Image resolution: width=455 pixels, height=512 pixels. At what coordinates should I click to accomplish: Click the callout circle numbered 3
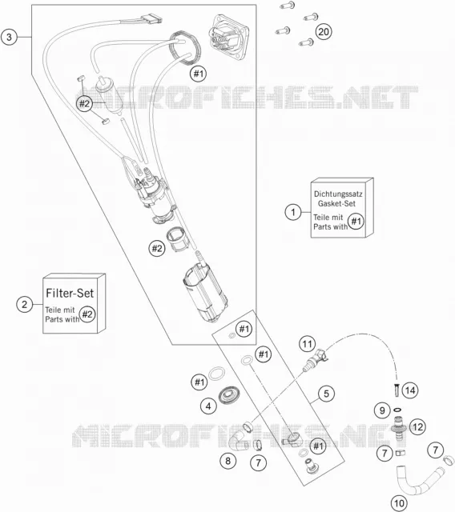point(9,37)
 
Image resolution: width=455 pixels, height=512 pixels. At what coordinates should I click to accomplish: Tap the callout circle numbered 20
point(324,32)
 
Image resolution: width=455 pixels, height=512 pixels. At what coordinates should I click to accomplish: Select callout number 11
point(308,344)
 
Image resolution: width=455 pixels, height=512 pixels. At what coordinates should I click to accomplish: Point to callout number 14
point(410,390)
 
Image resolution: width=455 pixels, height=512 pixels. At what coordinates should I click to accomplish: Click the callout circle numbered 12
point(417,426)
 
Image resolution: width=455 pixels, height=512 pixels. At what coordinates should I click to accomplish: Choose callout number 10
point(399,503)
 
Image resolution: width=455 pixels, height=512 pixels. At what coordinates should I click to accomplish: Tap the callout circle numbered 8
point(227,461)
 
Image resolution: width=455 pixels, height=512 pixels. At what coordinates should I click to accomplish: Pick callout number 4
point(208,406)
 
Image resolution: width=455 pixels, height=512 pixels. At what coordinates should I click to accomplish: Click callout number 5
point(326,394)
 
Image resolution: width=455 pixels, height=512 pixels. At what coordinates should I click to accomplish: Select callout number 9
point(382,410)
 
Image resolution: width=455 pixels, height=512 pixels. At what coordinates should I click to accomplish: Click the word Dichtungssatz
point(338,194)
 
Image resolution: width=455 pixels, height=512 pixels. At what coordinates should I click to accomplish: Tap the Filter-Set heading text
point(70,293)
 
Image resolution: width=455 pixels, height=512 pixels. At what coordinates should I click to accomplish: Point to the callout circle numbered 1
point(293,212)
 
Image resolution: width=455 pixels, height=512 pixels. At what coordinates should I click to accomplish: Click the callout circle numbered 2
point(25,304)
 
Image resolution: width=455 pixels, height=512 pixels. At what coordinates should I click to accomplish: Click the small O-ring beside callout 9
point(397,410)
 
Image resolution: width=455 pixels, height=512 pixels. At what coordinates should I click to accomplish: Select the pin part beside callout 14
point(397,390)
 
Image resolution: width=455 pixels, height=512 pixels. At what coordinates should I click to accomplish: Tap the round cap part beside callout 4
point(229,395)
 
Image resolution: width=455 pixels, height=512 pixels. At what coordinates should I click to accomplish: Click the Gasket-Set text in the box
point(336,203)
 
